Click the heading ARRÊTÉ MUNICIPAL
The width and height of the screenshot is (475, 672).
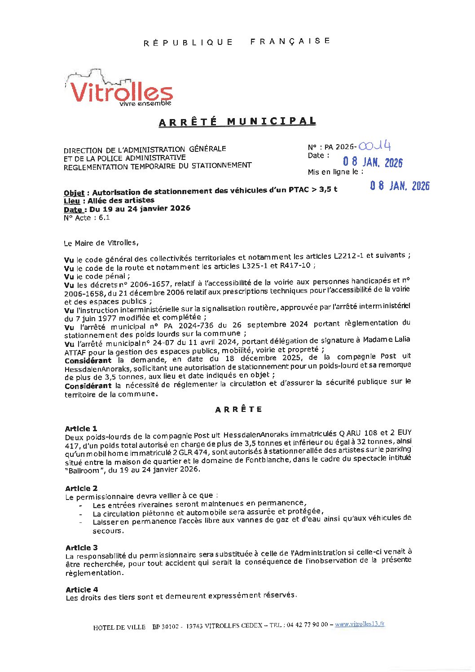point(237,122)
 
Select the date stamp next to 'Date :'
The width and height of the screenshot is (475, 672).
point(373,162)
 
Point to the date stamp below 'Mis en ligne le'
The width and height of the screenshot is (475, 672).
point(400,186)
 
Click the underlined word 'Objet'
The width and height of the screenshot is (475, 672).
point(74,193)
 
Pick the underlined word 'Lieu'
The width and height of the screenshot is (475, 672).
point(72,201)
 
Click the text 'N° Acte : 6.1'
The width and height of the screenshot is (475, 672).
point(87,218)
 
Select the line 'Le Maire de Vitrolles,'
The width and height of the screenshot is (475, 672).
point(101,243)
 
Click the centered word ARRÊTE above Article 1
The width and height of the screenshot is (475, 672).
point(238,409)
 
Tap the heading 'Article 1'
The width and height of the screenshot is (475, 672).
point(81,429)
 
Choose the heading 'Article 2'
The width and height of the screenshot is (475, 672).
point(81,488)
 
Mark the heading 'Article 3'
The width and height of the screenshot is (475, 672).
point(81,548)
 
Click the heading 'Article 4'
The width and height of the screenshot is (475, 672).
point(82,589)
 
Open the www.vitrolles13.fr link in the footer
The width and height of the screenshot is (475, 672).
point(360,624)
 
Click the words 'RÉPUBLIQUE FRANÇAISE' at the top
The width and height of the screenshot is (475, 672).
point(237,42)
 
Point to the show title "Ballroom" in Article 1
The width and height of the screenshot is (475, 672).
point(81,469)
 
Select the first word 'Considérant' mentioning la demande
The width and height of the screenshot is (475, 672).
point(88,361)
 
